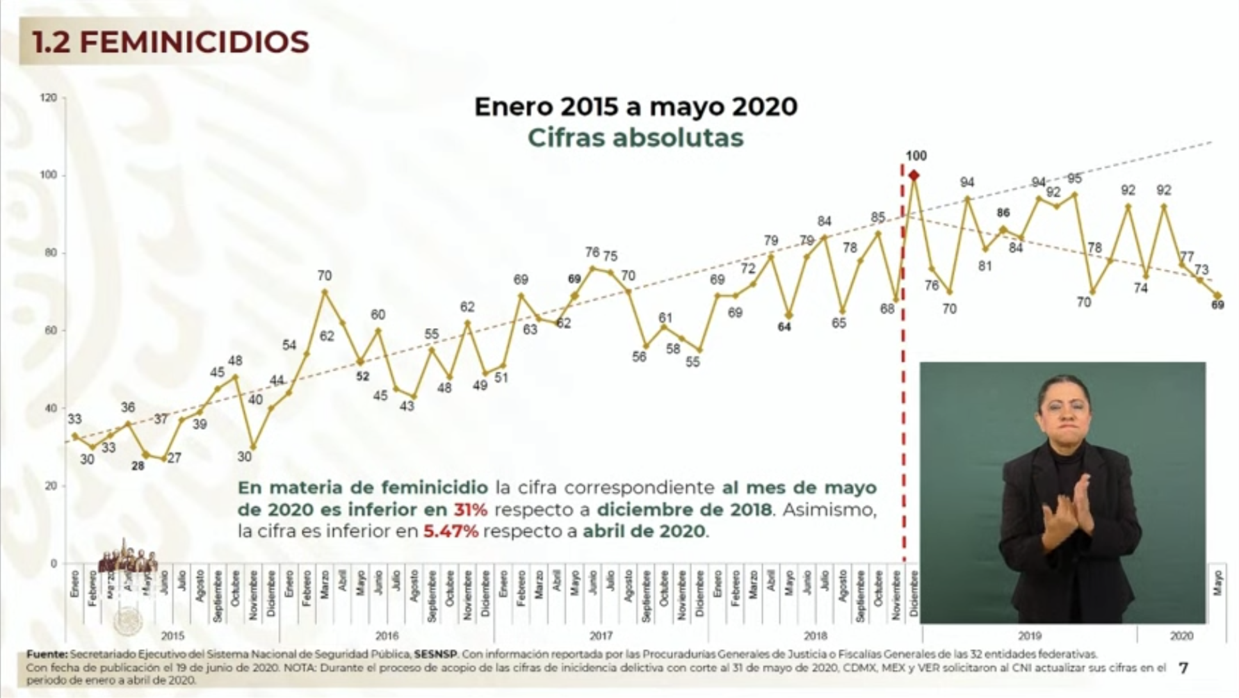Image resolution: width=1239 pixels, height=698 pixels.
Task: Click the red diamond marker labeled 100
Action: (914, 175)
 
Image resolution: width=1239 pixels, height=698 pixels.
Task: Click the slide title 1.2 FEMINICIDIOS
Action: (170, 42)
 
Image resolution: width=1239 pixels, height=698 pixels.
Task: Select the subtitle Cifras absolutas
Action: (635, 138)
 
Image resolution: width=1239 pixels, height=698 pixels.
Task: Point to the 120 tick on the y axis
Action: (49, 98)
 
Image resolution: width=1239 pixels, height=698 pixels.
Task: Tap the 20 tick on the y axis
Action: (51, 486)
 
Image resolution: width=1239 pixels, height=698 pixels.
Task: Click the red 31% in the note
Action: (471, 510)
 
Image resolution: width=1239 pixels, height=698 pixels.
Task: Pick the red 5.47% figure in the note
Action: (451, 532)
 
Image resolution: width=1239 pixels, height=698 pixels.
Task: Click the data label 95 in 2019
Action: (1074, 179)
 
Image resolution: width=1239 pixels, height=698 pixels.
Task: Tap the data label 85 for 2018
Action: (877, 218)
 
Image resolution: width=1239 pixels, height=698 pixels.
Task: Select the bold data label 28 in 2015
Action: (138, 466)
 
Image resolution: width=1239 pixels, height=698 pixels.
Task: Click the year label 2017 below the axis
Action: (601, 635)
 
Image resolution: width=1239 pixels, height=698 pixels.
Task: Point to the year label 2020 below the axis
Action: (1181, 635)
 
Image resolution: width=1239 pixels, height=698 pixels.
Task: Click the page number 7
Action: (1183, 668)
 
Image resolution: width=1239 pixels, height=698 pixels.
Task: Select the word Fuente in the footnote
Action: (47, 654)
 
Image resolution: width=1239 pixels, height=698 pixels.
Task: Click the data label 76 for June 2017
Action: (592, 252)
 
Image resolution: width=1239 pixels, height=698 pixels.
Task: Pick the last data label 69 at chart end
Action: (1217, 305)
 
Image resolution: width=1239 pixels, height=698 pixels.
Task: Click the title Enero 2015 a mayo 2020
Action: (635, 106)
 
